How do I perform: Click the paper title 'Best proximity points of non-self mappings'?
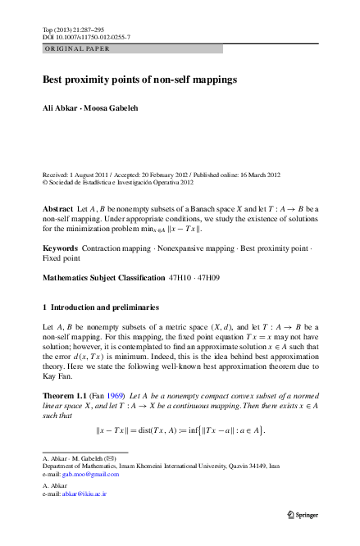[139, 80]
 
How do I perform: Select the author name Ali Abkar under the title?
[62, 108]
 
